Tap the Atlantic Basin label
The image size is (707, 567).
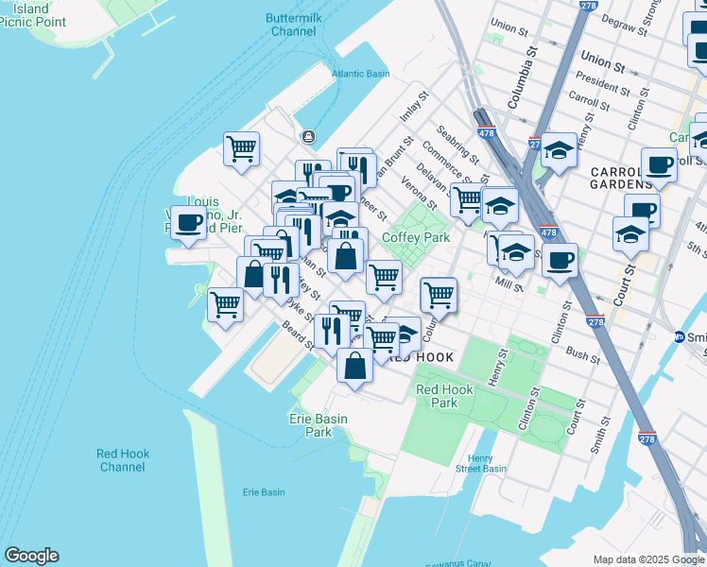(360, 74)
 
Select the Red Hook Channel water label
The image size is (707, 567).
(122, 460)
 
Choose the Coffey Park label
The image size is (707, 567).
(416, 237)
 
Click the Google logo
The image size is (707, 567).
(31, 556)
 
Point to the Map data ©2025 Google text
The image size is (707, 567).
(648, 559)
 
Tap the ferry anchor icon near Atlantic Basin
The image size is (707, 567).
(308, 137)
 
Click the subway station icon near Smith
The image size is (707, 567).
(679, 336)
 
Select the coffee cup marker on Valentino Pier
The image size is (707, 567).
(189, 223)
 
